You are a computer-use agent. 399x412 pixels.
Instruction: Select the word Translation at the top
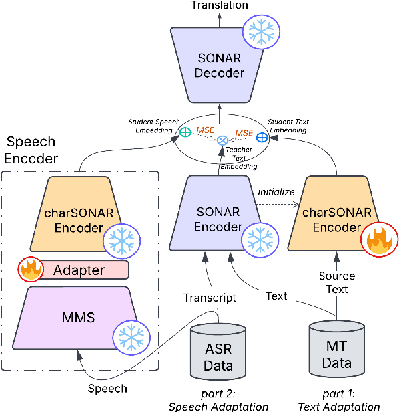point(220,5)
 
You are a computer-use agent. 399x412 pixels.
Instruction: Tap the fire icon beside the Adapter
point(30,270)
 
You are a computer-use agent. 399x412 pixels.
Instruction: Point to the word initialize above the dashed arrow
point(276,191)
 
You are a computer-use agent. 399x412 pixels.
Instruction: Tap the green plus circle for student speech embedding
point(185,132)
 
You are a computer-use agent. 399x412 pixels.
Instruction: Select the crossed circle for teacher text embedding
point(224,140)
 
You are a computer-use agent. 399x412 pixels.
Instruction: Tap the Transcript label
point(210,298)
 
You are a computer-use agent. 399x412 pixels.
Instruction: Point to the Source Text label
point(336,282)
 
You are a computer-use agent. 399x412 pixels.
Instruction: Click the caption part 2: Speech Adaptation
point(218,399)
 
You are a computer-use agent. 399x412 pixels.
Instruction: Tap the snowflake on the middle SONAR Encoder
point(258,237)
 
